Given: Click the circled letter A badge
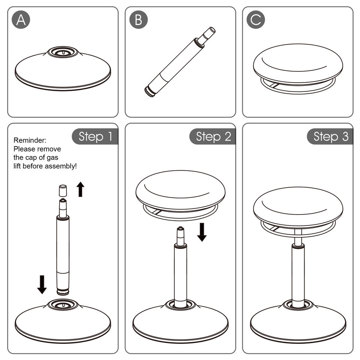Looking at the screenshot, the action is [21, 20].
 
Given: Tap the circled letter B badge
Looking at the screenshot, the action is [138, 20].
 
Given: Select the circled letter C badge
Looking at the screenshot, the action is [256, 20].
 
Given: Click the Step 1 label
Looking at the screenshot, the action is [95, 136].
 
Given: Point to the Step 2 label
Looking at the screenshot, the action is [213, 136].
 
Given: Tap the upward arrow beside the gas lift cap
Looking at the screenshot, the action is [80, 189].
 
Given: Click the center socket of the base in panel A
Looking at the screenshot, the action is [63, 52].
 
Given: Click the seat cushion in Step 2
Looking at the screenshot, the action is [180, 190].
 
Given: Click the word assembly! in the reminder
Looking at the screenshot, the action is [61, 166].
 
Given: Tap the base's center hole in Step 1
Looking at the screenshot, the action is [63, 304].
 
